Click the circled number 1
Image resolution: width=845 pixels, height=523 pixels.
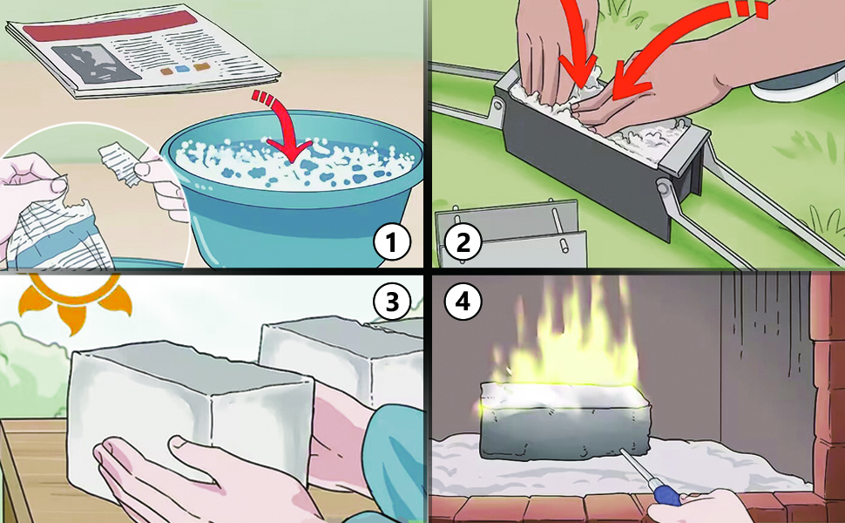click(x=392, y=242)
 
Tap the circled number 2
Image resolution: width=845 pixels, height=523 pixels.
click(x=463, y=242)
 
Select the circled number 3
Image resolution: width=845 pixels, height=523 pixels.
click(x=392, y=302)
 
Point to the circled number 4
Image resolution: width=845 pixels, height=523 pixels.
click(x=463, y=302)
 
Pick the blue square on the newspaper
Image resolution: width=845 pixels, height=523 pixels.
click(x=184, y=70)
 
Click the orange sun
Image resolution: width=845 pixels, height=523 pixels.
click(x=76, y=299)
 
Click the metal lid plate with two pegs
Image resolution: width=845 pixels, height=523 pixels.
click(x=510, y=233)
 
